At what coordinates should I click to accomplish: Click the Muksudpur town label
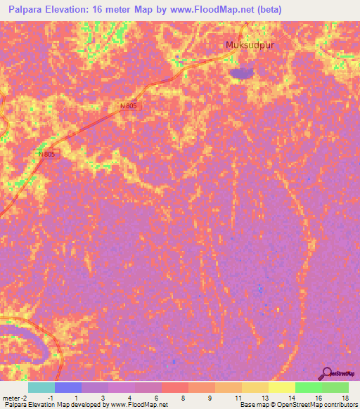[249, 46]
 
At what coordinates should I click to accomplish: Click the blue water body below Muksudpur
[242, 72]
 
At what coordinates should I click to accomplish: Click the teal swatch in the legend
[41, 387]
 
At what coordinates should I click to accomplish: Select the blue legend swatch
[68, 387]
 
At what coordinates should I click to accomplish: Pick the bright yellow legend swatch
[281, 387]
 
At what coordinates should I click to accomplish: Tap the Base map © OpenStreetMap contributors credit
[298, 405]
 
